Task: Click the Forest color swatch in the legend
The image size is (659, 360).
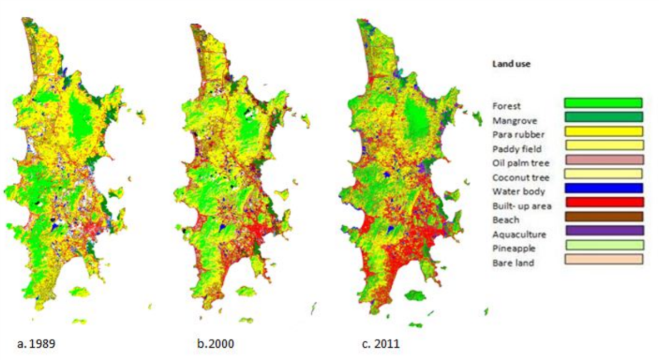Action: [x=603, y=103]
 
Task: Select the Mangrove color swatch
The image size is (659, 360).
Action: [x=603, y=117]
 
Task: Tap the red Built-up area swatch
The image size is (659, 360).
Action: [x=603, y=202]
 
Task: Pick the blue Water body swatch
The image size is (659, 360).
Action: [x=603, y=188]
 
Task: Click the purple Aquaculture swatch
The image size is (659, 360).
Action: [x=603, y=230]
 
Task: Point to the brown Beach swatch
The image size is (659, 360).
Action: [x=603, y=216]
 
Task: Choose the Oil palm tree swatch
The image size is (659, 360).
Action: [x=603, y=159]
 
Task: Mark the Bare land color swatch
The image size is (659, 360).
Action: [x=603, y=259]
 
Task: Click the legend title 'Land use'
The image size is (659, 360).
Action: [x=511, y=64]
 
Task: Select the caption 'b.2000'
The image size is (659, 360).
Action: [x=215, y=344]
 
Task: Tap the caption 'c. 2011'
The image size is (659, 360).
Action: [x=380, y=344]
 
